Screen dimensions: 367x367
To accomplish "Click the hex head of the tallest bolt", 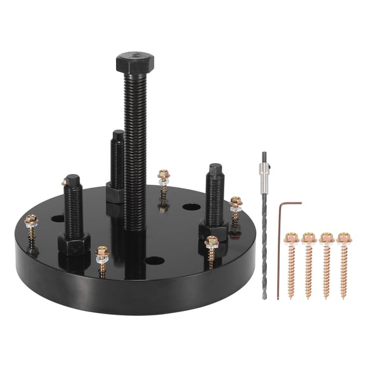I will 133,62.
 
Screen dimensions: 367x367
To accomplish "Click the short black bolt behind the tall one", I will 117,162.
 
